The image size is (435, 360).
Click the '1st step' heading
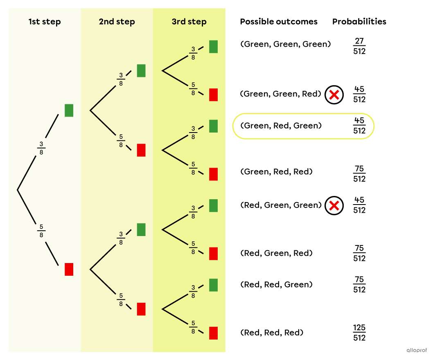pyautogui.click(x=44, y=22)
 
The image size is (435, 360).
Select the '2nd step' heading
pyautogui.click(x=117, y=22)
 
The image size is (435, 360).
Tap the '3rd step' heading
pyautogui.click(x=189, y=22)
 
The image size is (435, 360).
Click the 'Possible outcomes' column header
pyautogui.click(x=279, y=22)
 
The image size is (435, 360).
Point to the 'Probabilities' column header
pyautogui.click(x=359, y=22)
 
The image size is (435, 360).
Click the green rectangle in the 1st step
pyautogui.click(x=69, y=110)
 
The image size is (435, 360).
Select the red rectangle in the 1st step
pyautogui.click(x=69, y=269)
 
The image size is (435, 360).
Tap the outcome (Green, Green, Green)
pyautogui.click(x=285, y=44)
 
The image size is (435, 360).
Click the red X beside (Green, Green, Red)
pyautogui.click(x=334, y=95)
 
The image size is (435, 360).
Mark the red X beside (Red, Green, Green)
pyautogui.click(x=334, y=206)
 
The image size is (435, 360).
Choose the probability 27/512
pyautogui.click(x=359, y=46)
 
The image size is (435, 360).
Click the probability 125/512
pyautogui.click(x=359, y=333)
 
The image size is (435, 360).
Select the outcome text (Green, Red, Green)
pyautogui.click(x=281, y=126)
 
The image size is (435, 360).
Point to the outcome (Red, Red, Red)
pyautogui.click(x=272, y=333)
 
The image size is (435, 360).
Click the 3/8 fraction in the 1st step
pyautogui.click(x=41, y=148)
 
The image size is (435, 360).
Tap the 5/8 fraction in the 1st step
pyautogui.click(x=41, y=230)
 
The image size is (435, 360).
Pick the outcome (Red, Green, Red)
pyautogui.click(x=276, y=253)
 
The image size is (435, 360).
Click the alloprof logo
pyautogui.click(x=417, y=350)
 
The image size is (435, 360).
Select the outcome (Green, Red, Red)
pyautogui.click(x=276, y=172)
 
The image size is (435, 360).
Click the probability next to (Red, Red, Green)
pyautogui.click(x=359, y=285)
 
